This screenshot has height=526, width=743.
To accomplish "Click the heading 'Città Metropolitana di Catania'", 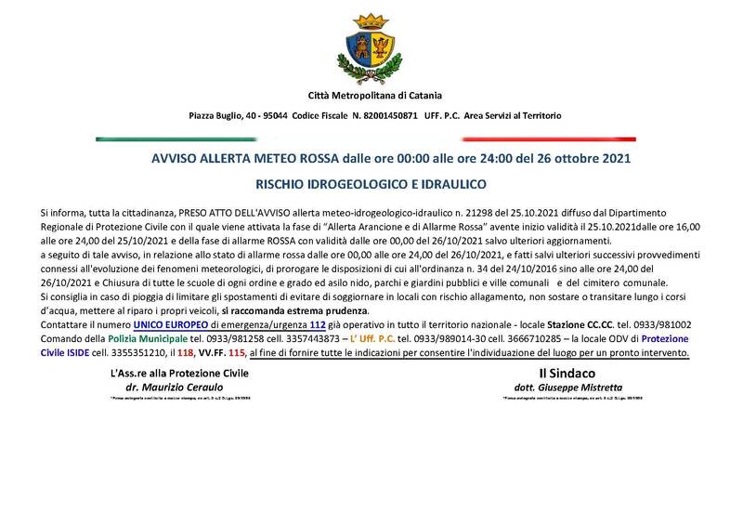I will click(374, 95).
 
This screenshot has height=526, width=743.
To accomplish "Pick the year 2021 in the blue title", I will click(614, 158).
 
